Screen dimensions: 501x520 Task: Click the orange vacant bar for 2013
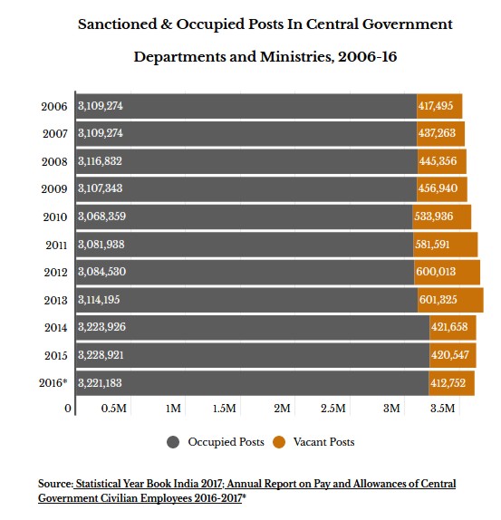click(450, 300)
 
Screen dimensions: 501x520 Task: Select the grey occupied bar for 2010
click(245, 217)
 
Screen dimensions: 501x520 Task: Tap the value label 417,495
click(436, 106)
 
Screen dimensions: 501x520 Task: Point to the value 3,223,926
click(101, 327)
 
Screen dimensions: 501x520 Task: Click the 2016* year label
click(53, 383)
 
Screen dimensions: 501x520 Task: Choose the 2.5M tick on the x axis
click(332, 409)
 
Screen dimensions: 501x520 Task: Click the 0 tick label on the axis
click(68, 409)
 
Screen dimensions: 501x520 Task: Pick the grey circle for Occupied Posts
click(173, 442)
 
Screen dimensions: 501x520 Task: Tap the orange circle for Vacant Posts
click(279, 442)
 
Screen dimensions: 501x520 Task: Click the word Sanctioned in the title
click(117, 24)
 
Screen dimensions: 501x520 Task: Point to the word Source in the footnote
click(55, 484)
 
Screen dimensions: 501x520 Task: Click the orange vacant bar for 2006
click(439, 106)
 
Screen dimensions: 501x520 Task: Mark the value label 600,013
click(436, 272)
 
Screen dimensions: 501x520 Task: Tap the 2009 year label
click(54, 189)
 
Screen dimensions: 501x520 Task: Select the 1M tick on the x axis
click(173, 409)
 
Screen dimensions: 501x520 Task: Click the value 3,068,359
click(101, 217)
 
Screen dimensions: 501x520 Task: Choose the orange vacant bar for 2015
click(453, 355)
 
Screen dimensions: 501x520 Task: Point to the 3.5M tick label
click(443, 409)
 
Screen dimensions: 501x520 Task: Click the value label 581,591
click(432, 245)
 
